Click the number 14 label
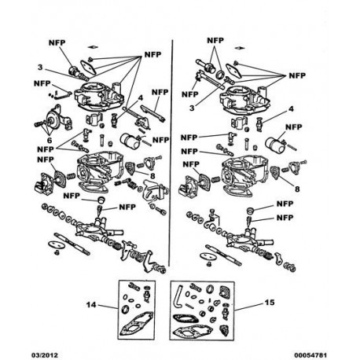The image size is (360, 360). click(91, 305)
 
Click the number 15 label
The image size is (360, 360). click(270, 303)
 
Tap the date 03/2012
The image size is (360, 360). click(45, 355)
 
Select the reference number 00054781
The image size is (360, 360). click(310, 355)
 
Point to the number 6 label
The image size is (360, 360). click(50, 140)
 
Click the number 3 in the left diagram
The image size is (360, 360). click(40, 68)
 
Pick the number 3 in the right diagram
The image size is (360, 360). click(192, 108)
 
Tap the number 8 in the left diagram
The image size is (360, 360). click(152, 176)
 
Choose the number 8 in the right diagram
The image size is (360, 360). click(297, 189)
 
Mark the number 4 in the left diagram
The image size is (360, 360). click(141, 98)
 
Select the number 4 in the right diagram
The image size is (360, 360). click(291, 108)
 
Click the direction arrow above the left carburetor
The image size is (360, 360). click(93, 47)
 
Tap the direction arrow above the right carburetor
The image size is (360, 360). click(240, 48)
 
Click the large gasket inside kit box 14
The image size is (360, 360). click(136, 324)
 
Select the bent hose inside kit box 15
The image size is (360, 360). click(179, 296)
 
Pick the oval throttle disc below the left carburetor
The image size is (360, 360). click(57, 244)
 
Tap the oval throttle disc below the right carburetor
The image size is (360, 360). click(208, 256)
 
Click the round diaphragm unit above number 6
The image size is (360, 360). click(54, 120)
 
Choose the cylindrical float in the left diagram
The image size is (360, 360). click(129, 141)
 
